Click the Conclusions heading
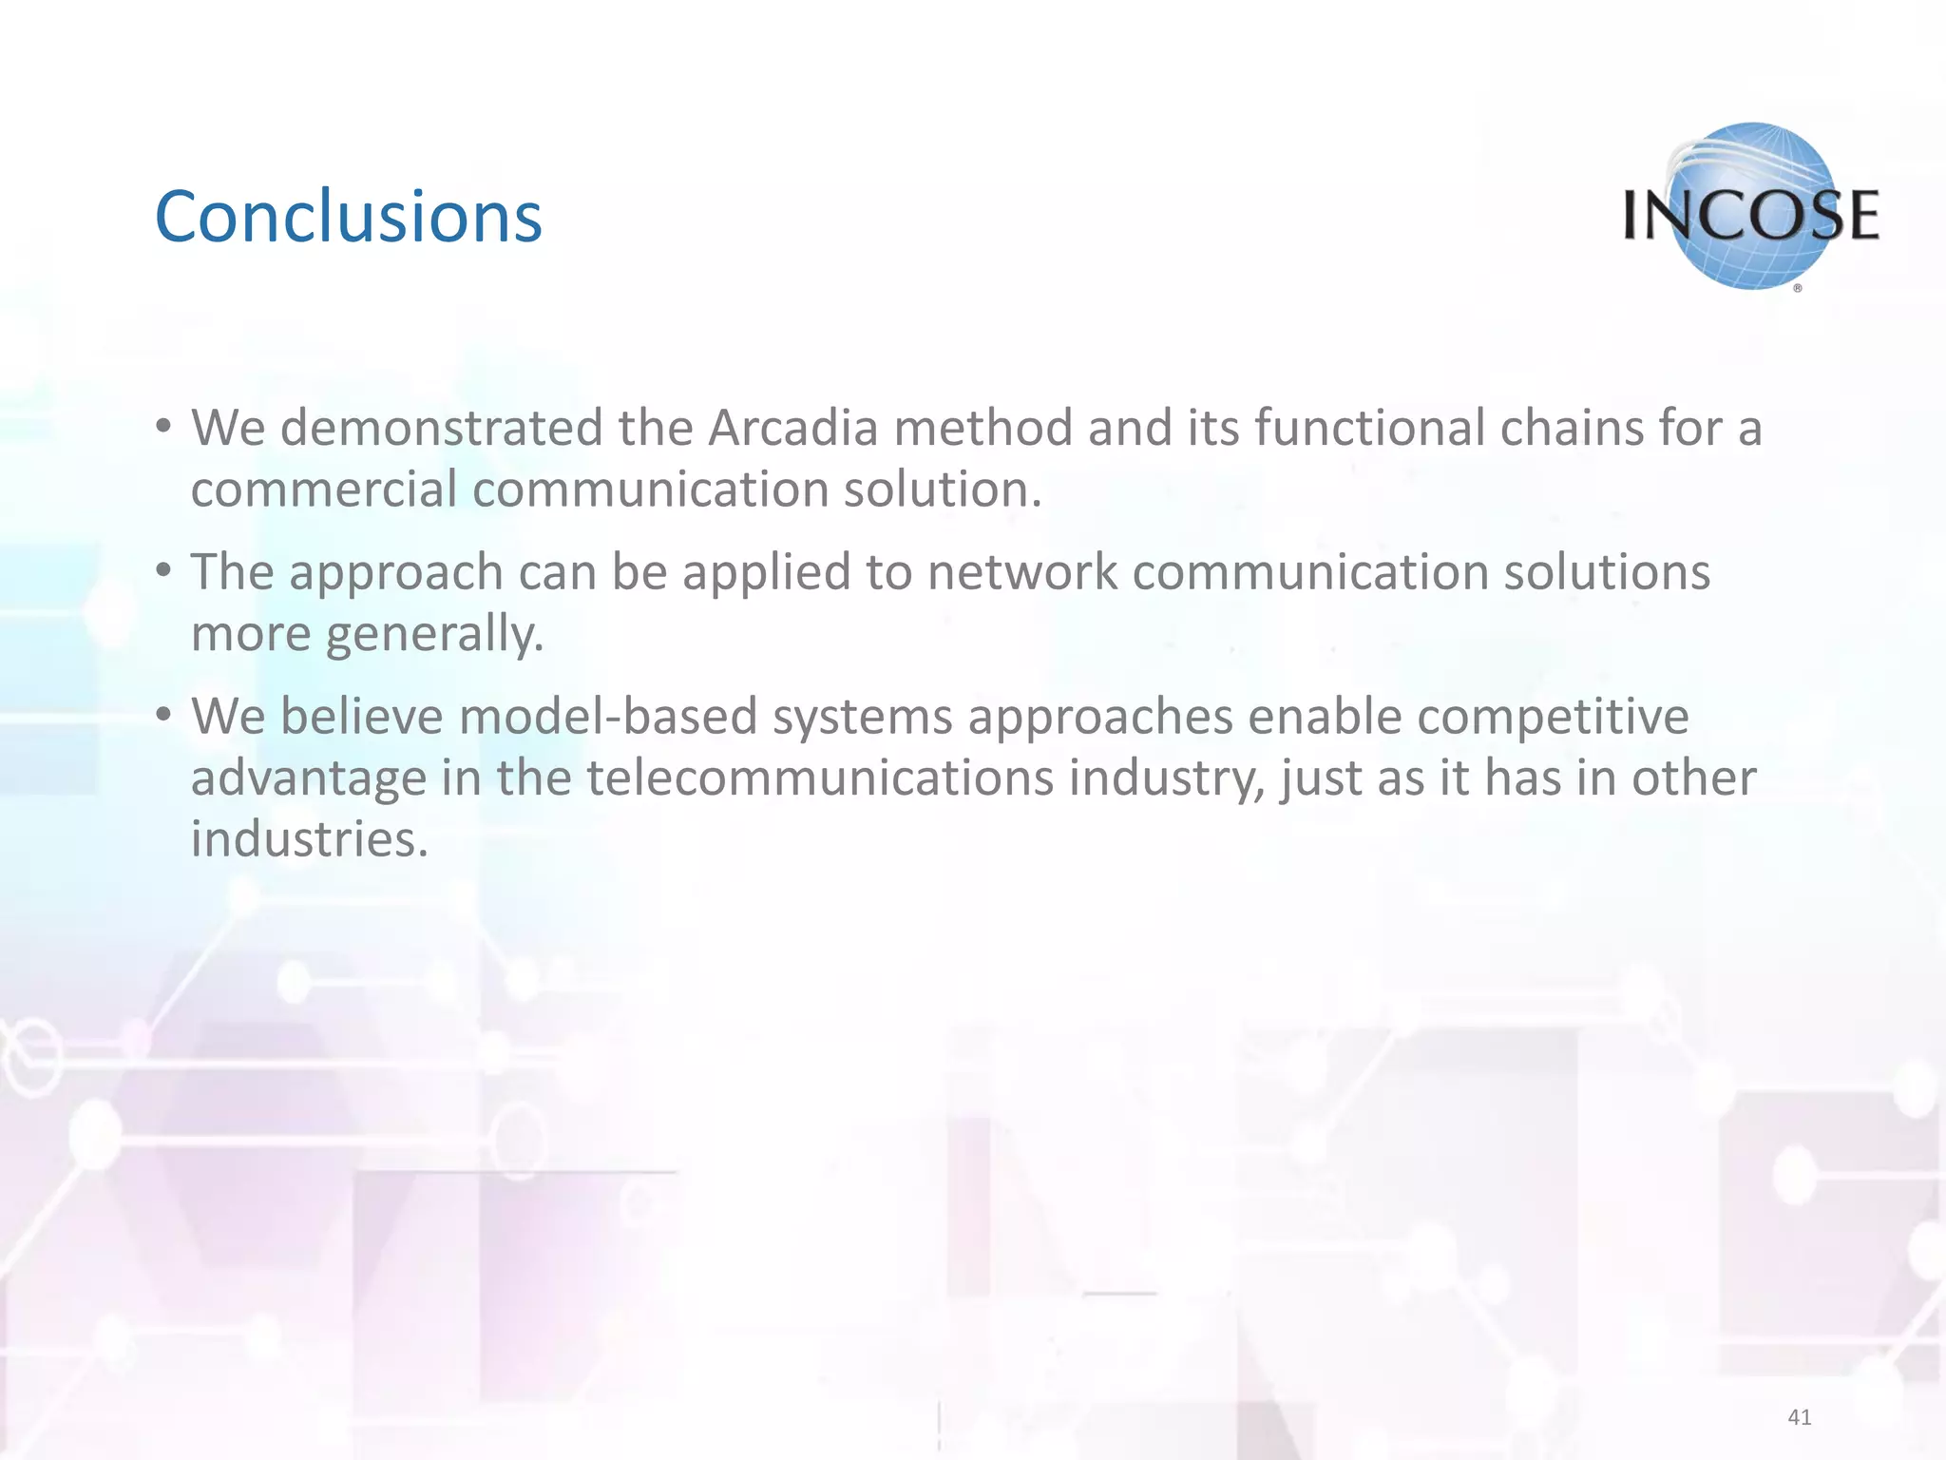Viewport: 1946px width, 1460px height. click(348, 217)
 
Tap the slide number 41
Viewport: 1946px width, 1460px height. click(1799, 1417)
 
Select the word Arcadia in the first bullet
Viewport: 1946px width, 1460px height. click(792, 428)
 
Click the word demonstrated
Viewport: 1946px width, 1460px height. click(441, 428)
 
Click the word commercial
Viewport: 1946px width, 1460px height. click(323, 490)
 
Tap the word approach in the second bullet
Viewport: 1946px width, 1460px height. click(396, 573)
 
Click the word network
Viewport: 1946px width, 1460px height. click(1021, 573)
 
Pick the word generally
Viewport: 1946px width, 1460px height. click(434, 634)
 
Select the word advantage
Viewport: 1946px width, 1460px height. click(308, 778)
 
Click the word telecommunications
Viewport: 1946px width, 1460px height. click(819, 778)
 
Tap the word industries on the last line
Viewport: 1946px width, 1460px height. click(309, 839)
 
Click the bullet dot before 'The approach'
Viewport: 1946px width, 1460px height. click(164, 571)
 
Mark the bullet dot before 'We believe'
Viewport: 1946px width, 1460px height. click(164, 715)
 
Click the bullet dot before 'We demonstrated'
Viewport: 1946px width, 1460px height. click(164, 427)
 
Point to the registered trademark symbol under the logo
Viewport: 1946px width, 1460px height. click(1798, 288)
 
